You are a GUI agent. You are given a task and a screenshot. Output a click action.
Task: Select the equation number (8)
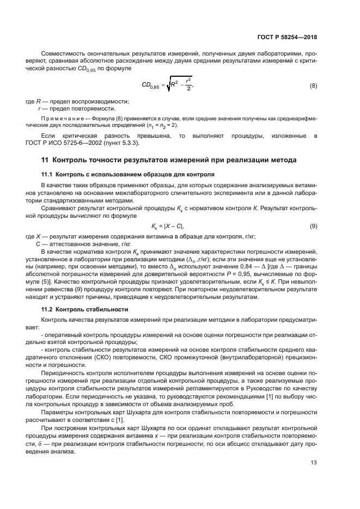[313, 86]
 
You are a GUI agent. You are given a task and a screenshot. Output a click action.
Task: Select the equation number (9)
[313, 226]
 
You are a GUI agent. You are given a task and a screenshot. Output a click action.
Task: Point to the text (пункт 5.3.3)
[124, 143]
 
